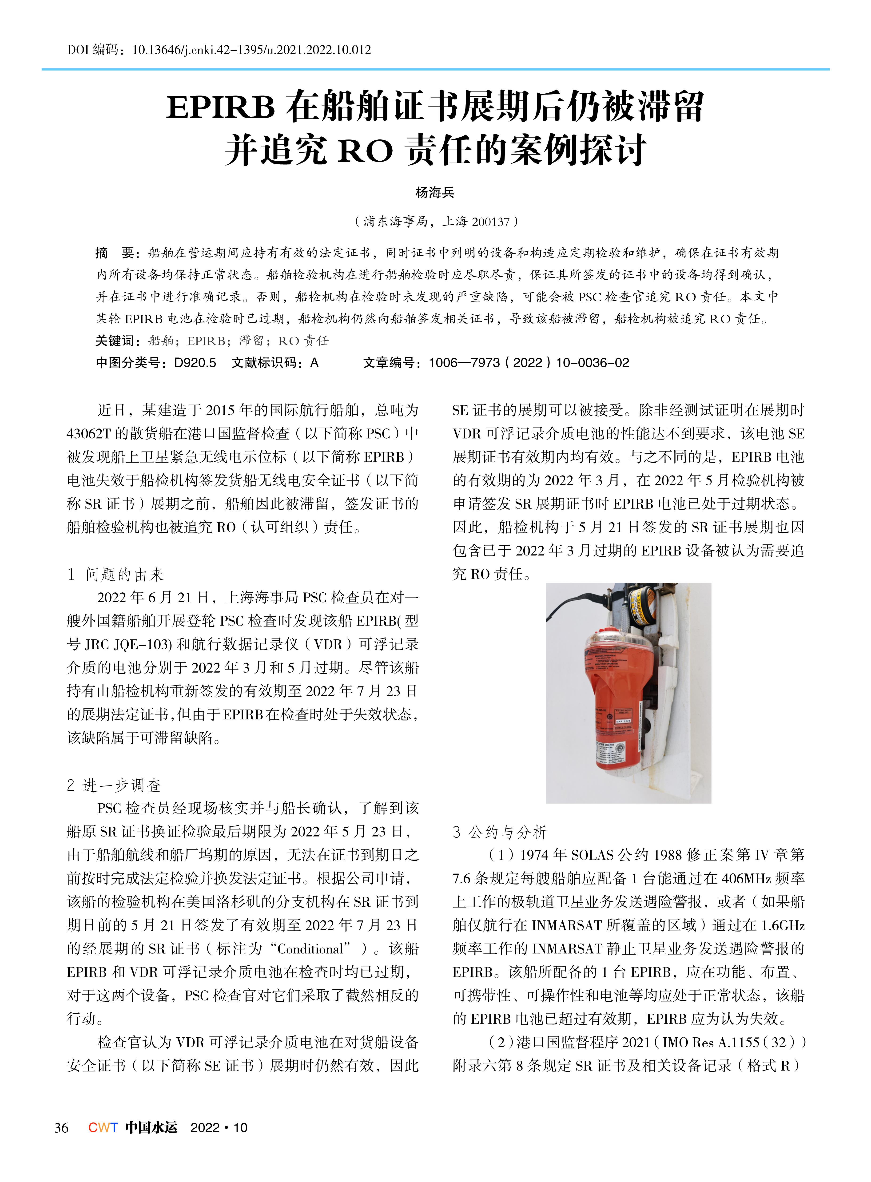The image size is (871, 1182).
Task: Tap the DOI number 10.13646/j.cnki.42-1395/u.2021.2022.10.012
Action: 251,50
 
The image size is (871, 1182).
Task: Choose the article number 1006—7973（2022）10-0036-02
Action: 529,363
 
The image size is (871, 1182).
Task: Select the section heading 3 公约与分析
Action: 500,833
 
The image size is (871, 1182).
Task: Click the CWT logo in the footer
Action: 103,1128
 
